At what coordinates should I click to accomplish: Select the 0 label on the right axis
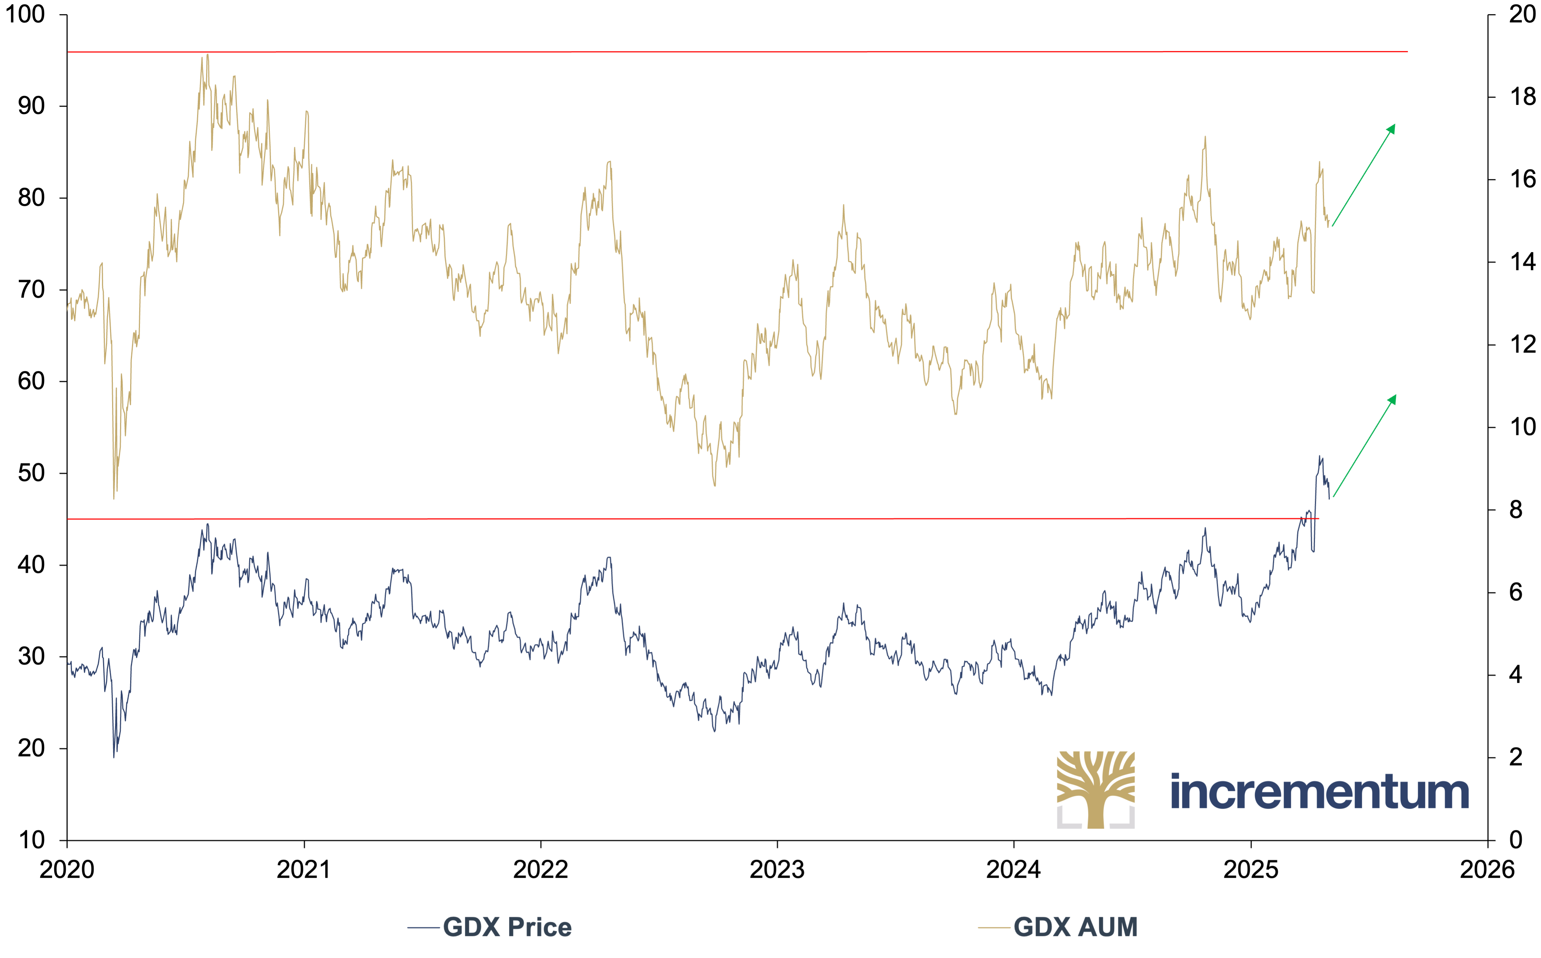click(1516, 840)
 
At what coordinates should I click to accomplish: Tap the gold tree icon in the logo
click(1096, 789)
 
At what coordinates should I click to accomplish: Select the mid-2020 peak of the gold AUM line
click(207, 55)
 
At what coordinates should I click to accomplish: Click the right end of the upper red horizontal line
click(1407, 51)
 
